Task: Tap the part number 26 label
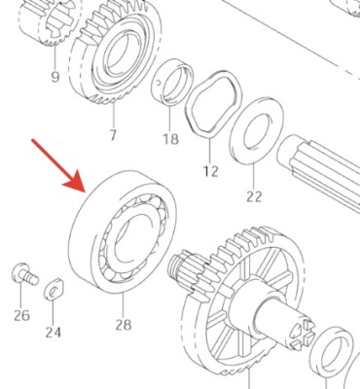tap(21, 314)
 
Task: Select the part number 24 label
tap(53, 332)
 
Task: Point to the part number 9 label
tap(54, 77)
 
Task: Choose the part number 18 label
tap(171, 139)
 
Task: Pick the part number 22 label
tap(254, 195)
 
